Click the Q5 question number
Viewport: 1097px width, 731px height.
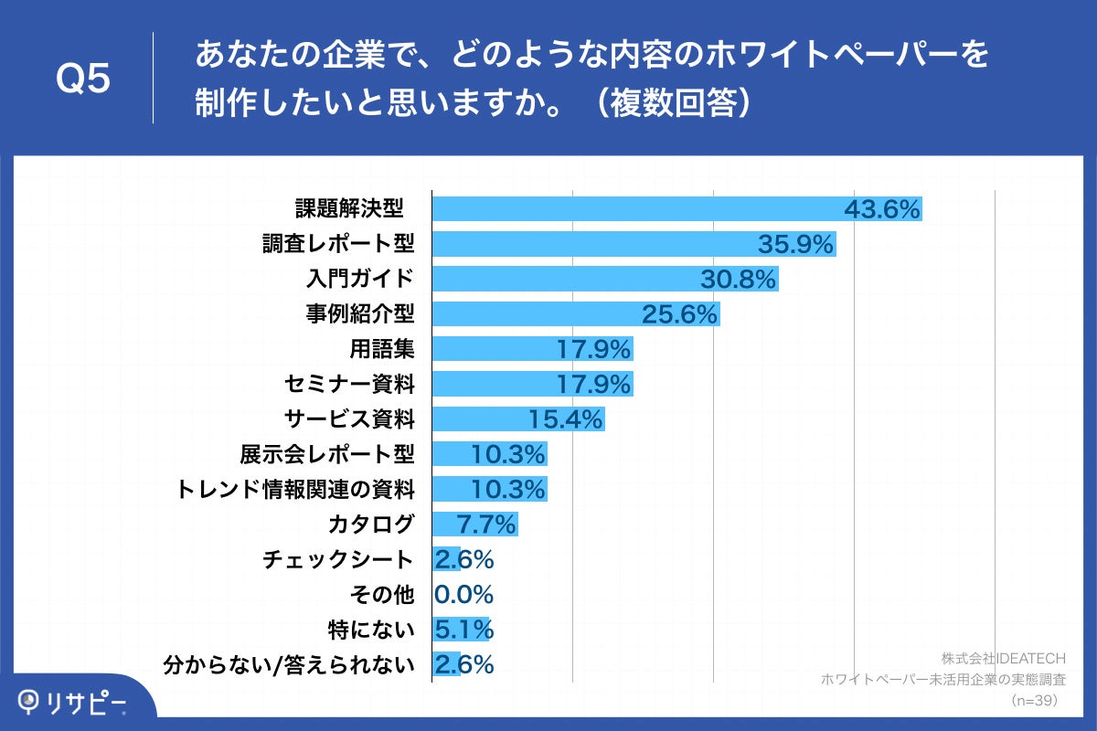pyautogui.click(x=82, y=79)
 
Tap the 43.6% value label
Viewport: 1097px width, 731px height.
pyautogui.click(x=881, y=209)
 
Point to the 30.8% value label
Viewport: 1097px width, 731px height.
pyautogui.click(x=738, y=279)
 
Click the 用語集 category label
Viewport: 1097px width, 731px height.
pyautogui.click(x=381, y=349)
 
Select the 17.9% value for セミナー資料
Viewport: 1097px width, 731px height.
pyautogui.click(x=594, y=385)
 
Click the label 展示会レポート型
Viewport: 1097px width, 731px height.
pyautogui.click(x=327, y=454)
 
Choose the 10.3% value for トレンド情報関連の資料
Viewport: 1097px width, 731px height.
pyautogui.click(x=508, y=490)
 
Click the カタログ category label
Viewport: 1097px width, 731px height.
pyautogui.click(x=371, y=524)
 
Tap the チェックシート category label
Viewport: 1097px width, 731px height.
pyautogui.click(x=338, y=559)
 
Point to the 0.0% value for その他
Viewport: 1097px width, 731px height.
pyautogui.click(x=464, y=595)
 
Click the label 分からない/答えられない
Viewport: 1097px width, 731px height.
pyautogui.click(x=288, y=664)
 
